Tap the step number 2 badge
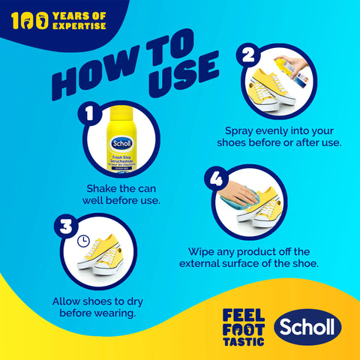pyautogui.click(x=247, y=55)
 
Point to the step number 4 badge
pyautogui.click(x=217, y=179)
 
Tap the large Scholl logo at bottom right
pyautogui.click(x=307, y=327)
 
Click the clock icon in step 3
pyautogui.click(x=83, y=243)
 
